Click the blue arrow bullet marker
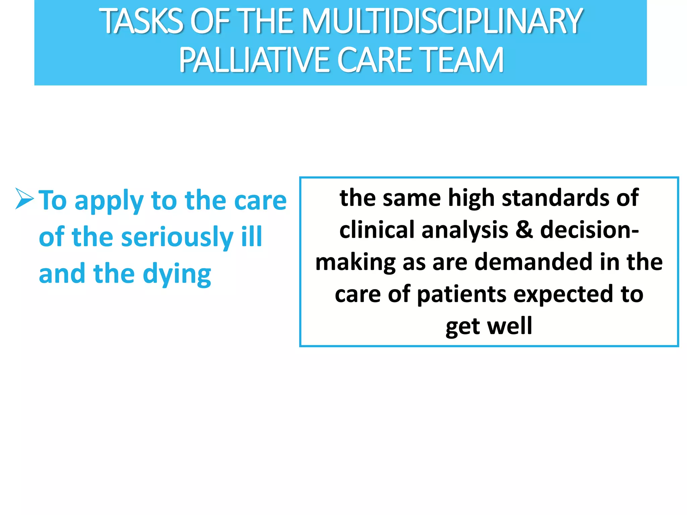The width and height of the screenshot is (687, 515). coord(24,198)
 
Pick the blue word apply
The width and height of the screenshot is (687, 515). coord(109,201)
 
